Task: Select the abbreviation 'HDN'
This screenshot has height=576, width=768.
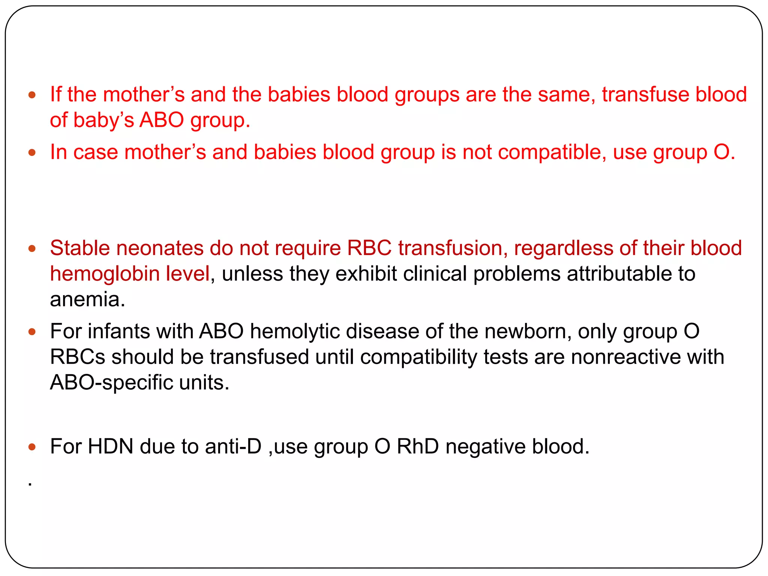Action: (x=110, y=447)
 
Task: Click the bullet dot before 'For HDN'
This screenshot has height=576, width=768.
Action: (x=32, y=447)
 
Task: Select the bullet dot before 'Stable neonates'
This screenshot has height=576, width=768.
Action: (x=32, y=249)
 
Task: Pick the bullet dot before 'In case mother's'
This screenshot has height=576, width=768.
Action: (x=32, y=153)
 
